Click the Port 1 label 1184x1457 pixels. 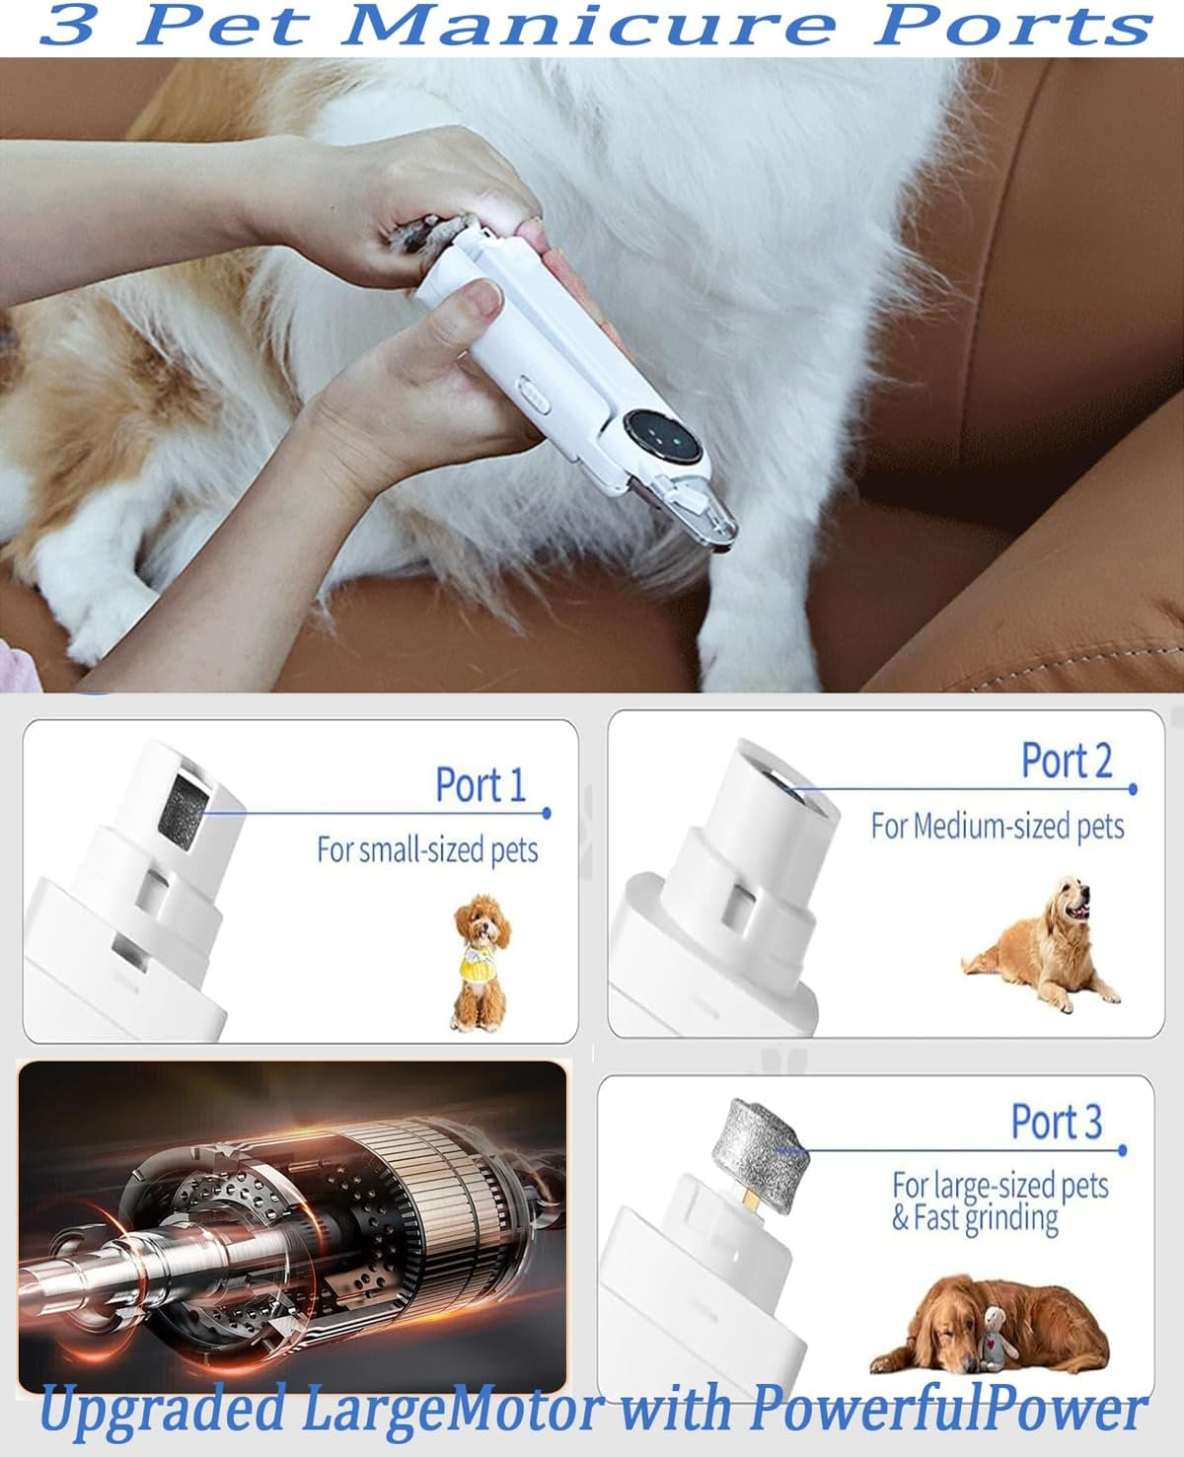pos(481,785)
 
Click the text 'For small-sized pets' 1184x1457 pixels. pos(427,849)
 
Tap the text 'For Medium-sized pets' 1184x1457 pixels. pos(997,826)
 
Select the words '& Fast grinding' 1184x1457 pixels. pos(975,1219)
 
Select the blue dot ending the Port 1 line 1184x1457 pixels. pos(547,814)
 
